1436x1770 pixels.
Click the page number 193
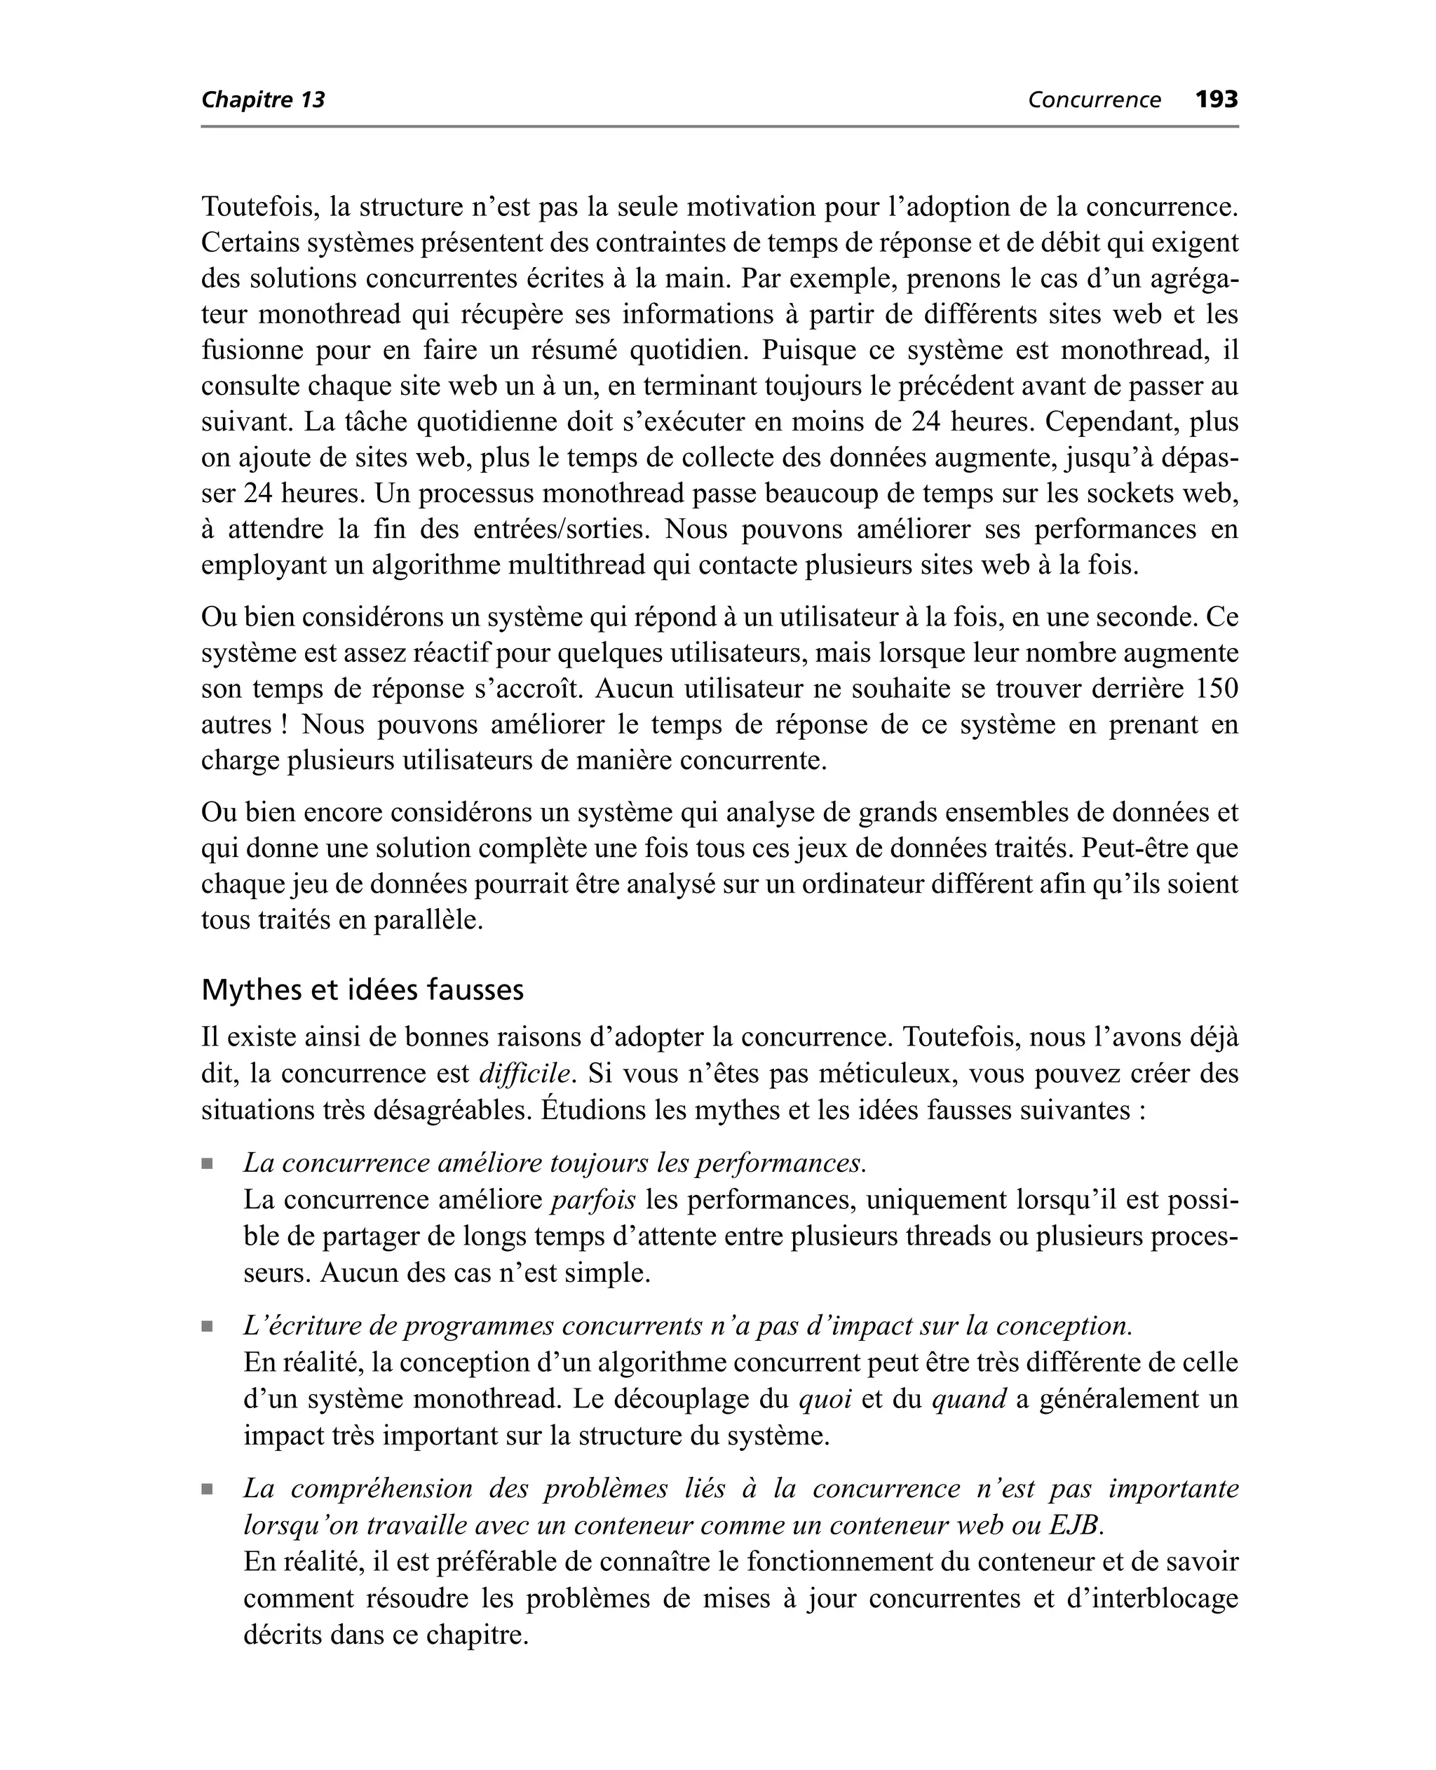tap(1216, 100)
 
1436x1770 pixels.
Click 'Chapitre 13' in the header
tap(263, 100)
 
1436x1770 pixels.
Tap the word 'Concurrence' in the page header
tap(1094, 100)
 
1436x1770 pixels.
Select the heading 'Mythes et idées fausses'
tap(363, 989)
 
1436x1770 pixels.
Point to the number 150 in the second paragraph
tap(1216, 689)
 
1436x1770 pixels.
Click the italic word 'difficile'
tap(524, 1074)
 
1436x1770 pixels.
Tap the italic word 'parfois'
tap(593, 1200)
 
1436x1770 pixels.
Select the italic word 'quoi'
tap(825, 1398)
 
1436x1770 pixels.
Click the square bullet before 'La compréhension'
tap(207, 1489)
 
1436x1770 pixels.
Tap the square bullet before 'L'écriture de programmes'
tap(207, 1327)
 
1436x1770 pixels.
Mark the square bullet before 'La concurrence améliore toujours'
tap(207, 1163)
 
